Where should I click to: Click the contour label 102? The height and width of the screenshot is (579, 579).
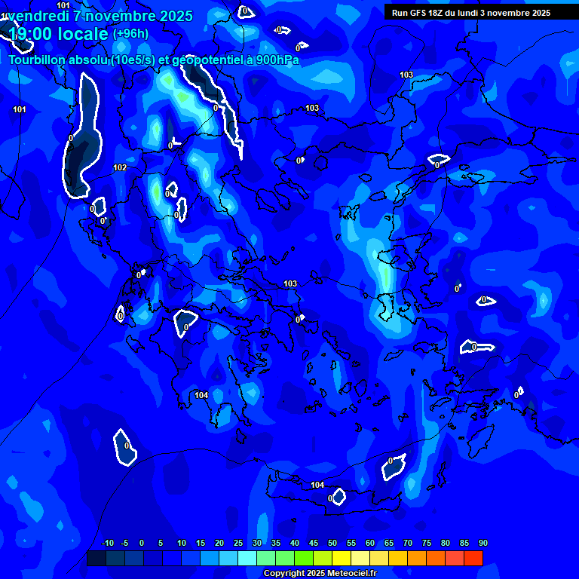click(120, 167)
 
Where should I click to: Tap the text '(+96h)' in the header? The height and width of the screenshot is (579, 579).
click(130, 33)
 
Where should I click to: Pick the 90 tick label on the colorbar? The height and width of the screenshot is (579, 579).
click(482, 543)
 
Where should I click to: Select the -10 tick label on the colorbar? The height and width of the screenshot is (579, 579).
click(107, 543)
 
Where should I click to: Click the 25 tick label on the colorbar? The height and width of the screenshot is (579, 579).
click(237, 543)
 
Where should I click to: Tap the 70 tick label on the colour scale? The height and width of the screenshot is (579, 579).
click(407, 543)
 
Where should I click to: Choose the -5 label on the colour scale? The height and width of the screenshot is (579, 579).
click(124, 543)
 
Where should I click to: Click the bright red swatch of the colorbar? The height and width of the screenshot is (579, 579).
click(473, 559)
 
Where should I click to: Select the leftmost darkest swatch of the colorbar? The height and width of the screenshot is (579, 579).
click(96, 559)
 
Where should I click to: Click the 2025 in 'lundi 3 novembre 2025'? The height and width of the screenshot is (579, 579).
click(538, 13)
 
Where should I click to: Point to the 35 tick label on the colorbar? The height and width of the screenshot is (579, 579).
click(275, 543)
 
